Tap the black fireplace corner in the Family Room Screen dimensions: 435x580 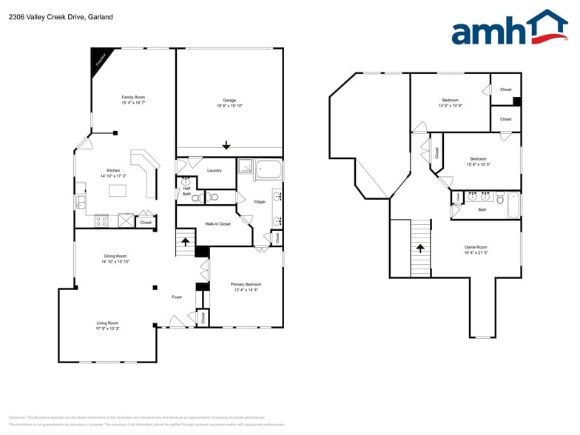(98, 59)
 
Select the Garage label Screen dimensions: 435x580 (229, 100)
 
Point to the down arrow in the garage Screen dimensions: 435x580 (226, 146)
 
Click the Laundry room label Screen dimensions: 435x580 (215, 171)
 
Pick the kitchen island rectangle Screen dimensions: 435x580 (118, 190)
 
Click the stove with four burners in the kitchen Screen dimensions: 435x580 (102, 220)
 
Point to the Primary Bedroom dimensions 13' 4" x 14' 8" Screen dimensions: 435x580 (246, 290)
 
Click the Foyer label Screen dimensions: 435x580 (177, 297)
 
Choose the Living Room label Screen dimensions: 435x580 (107, 323)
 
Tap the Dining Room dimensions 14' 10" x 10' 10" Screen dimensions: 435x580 (115, 261)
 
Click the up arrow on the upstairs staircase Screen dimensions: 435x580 (420, 249)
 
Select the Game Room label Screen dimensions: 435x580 (476, 247)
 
